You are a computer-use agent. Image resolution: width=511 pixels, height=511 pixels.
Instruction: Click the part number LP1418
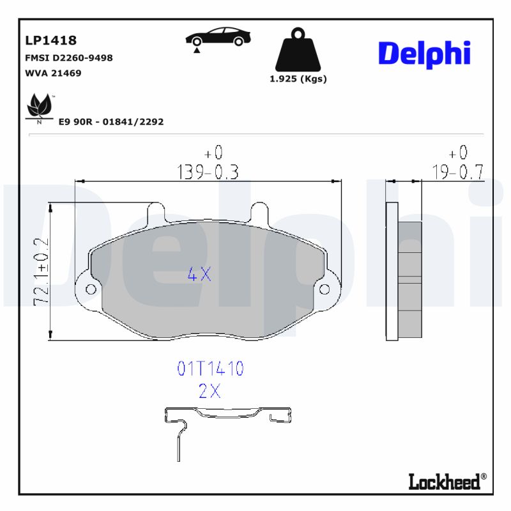[x=50, y=40]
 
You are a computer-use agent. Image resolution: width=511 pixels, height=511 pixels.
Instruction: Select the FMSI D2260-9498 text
[x=68, y=57]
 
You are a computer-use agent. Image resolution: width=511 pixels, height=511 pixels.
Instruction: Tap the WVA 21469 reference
[x=53, y=73]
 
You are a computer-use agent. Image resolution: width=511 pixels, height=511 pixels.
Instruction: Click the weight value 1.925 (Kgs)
[x=298, y=79]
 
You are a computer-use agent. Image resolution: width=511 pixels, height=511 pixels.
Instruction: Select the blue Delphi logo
[x=424, y=54]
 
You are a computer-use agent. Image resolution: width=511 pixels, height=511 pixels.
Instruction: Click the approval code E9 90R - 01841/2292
[x=111, y=121]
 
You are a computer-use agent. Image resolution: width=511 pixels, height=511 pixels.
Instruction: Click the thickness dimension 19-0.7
[x=457, y=171]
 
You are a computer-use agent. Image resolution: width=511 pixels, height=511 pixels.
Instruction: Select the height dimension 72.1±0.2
[x=41, y=271]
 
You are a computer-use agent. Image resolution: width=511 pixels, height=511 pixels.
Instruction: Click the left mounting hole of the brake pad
[x=91, y=290]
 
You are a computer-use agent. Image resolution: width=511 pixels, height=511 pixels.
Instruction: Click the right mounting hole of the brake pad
[x=325, y=289]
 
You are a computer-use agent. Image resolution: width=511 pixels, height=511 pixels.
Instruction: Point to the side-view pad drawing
[x=405, y=271]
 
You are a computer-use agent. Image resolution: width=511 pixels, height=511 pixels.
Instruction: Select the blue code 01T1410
[x=210, y=369]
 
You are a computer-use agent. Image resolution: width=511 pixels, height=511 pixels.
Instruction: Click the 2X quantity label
[x=209, y=392]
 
